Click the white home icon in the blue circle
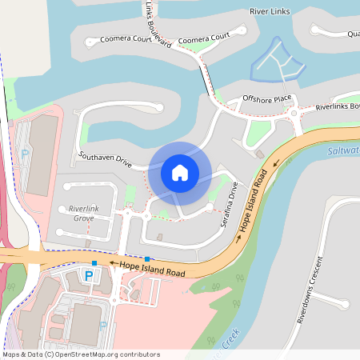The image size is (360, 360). pyautogui.click(x=179, y=172)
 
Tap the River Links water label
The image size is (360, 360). pyautogui.click(x=270, y=12)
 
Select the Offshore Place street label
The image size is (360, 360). pyautogui.click(x=267, y=99)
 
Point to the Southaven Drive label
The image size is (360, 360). pyautogui.click(x=105, y=158)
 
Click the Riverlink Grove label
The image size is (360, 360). pyautogui.click(x=79, y=213)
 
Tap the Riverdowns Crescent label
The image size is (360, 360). pyautogui.click(x=310, y=290)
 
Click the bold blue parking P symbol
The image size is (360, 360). pyautogui.click(x=89, y=276)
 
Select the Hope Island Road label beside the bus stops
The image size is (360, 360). pyautogui.click(x=153, y=269)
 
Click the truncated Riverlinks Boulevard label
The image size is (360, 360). pyautogui.click(x=338, y=106)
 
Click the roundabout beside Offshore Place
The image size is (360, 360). pyautogui.click(x=294, y=113)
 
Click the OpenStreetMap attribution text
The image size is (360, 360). pyautogui.click(x=81, y=354)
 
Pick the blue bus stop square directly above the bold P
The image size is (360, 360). pyautogui.click(x=94, y=262)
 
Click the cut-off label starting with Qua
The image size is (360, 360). pyautogui.click(x=352, y=34)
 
